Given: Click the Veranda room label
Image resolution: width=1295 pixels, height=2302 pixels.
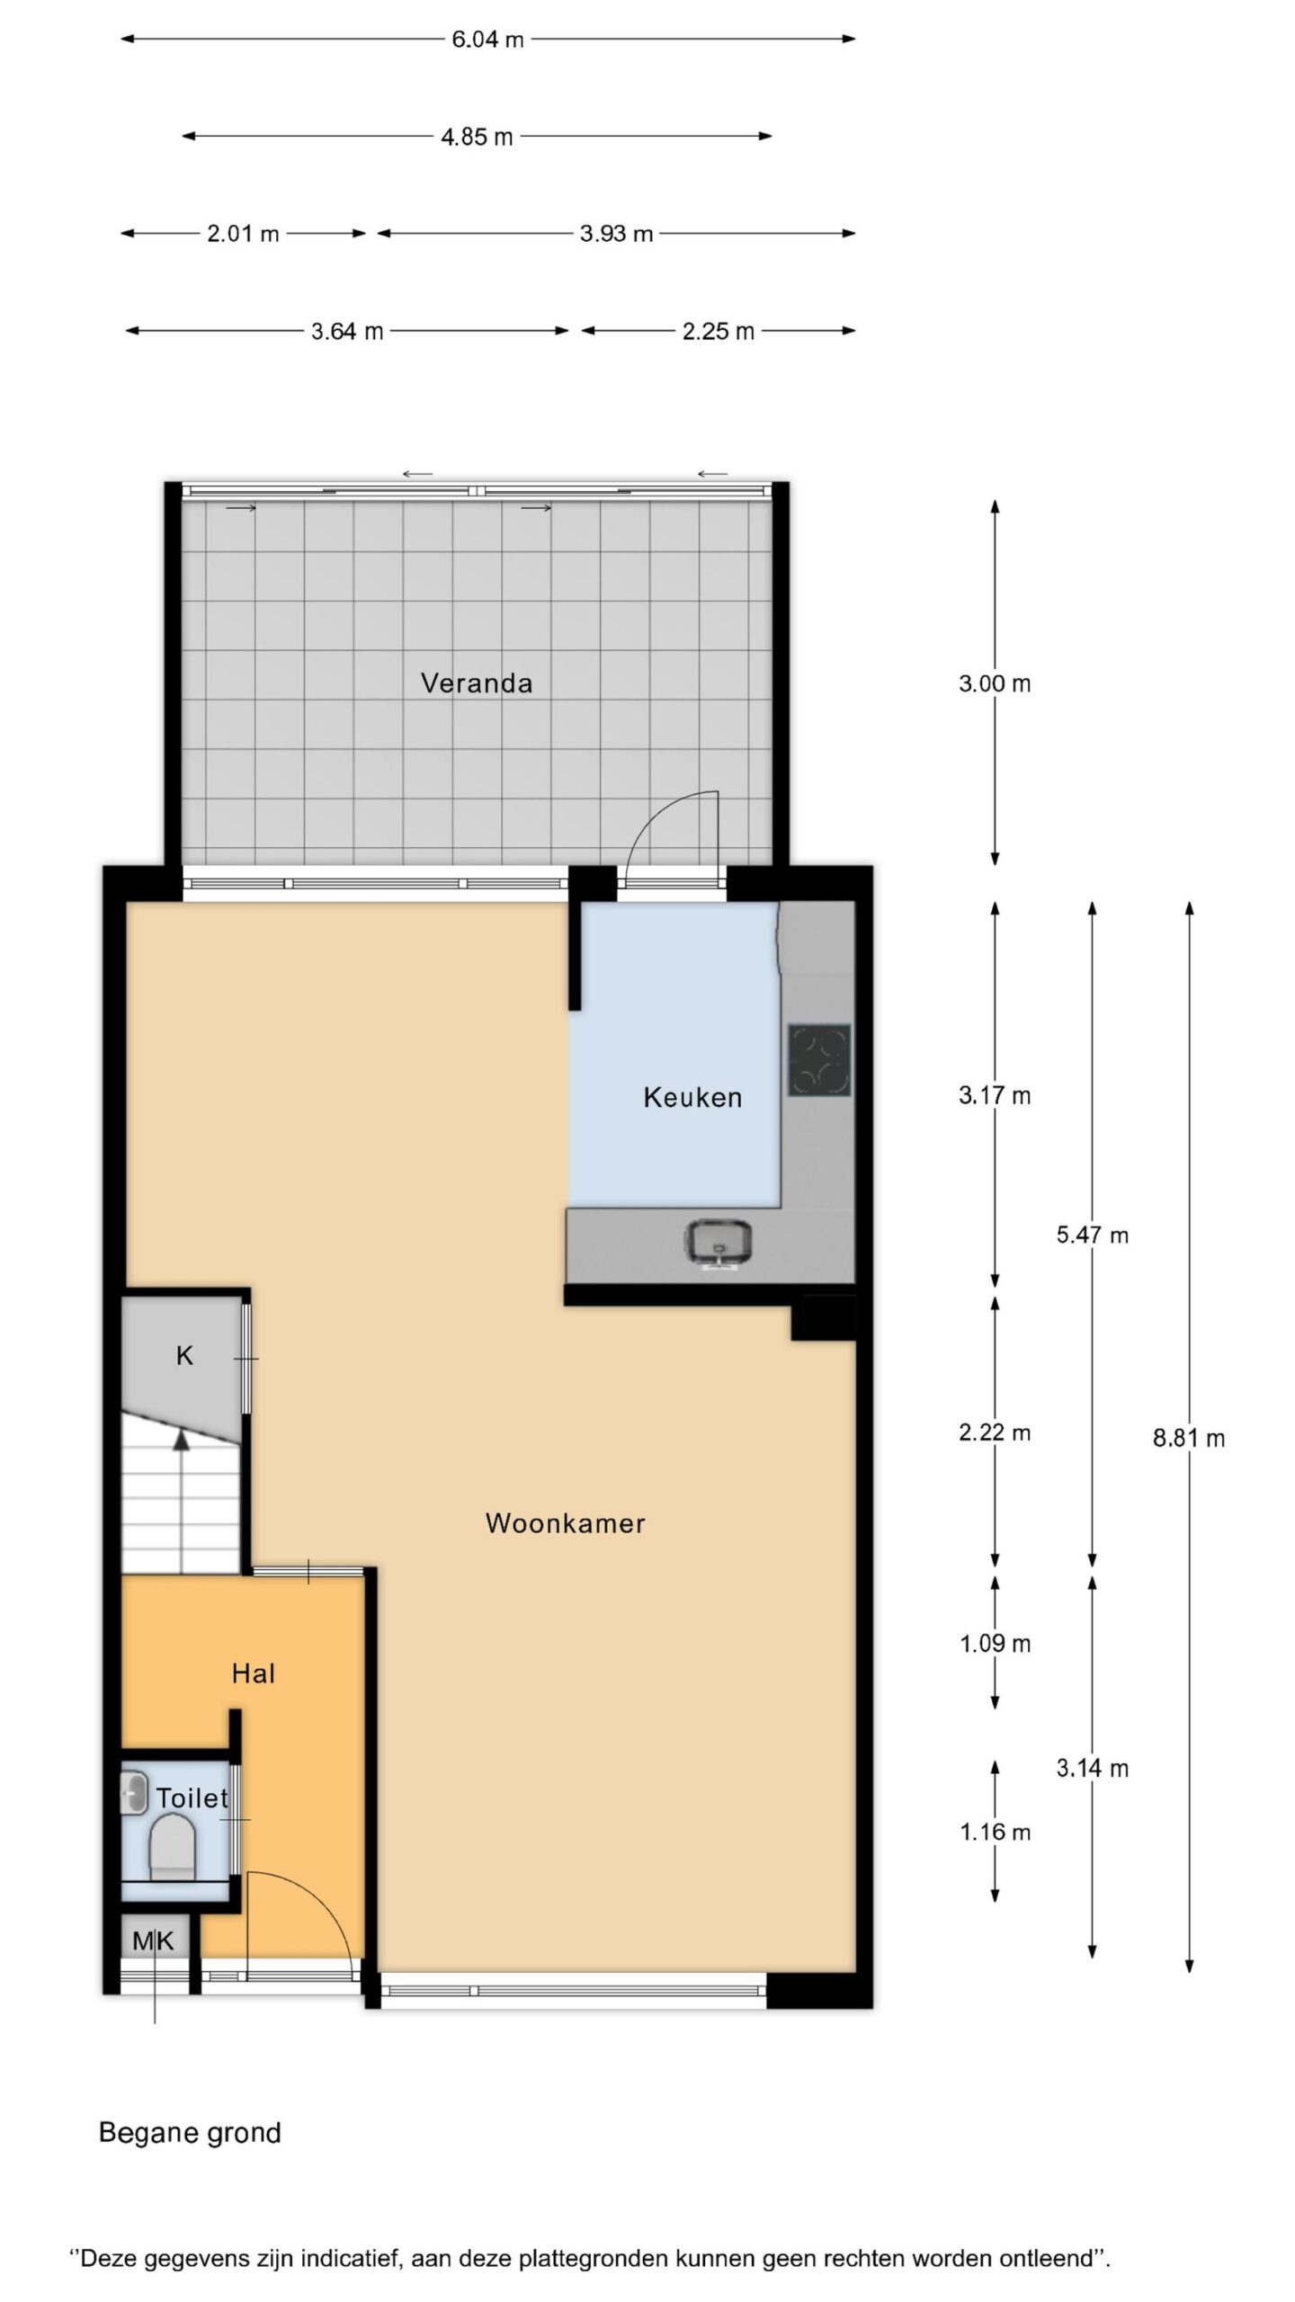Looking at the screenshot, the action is pyautogui.click(x=477, y=683).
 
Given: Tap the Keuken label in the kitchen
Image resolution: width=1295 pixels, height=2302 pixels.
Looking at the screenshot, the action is pyautogui.click(x=692, y=1097).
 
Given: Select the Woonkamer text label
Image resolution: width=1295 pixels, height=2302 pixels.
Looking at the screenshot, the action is pyautogui.click(x=566, y=1523).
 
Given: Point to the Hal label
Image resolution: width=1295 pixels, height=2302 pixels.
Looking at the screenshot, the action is pyautogui.click(x=253, y=1673).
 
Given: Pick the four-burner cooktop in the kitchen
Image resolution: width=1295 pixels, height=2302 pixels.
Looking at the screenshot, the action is pyautogui.click(x=819, y=1060).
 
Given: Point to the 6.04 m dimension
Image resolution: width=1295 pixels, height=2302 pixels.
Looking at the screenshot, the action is pyautogui.click(x=487, y=40).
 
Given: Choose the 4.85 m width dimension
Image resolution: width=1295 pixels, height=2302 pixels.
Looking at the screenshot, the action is pyautogui.click(x=477, y=137).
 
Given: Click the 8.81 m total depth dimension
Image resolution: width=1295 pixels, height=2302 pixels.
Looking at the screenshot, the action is pyautogui.click(x=1189, y=1437).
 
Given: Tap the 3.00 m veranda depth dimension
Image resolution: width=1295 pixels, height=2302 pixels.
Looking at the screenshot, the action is pyautogui.click(x=995, y=683).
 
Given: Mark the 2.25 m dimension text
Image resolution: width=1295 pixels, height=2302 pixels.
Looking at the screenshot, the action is pyautogui.click(x=718, y=332).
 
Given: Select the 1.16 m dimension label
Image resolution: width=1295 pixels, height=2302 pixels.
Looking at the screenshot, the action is pyautogui.click(x=995, y=1832).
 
